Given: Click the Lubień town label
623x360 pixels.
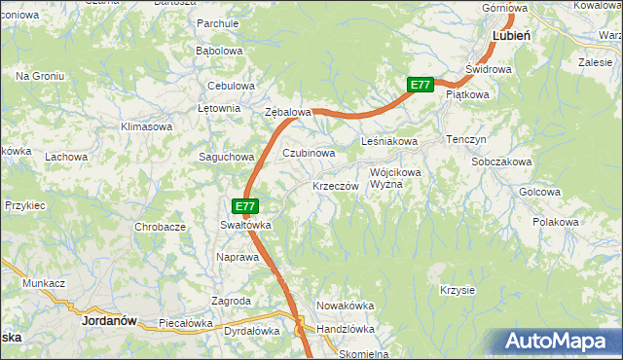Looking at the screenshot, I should click(511, 34).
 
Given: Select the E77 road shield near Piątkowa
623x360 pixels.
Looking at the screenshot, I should click(420, 86).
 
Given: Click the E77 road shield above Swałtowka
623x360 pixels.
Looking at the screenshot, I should click(245, 206).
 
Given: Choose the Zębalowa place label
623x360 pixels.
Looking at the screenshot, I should click(288, 112).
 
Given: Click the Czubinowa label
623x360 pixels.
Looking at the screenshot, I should click(309, 153).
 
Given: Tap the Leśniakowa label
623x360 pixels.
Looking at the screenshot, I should click(389, 142).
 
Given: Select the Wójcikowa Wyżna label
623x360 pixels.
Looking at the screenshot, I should click(395, 179).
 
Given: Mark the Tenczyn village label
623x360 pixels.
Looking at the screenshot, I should click(466, 140).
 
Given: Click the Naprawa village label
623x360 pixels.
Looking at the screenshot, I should click(238, 257).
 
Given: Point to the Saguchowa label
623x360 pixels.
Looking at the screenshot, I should click(226, 157).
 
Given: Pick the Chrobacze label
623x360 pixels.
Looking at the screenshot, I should click(161, 227).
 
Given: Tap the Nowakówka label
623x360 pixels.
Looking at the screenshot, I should click(346, 306).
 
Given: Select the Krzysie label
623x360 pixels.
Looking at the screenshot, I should click(457, 290).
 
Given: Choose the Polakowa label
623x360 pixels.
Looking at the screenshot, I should click(556, 223).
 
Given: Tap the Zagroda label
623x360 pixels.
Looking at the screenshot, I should click(232, 302).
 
